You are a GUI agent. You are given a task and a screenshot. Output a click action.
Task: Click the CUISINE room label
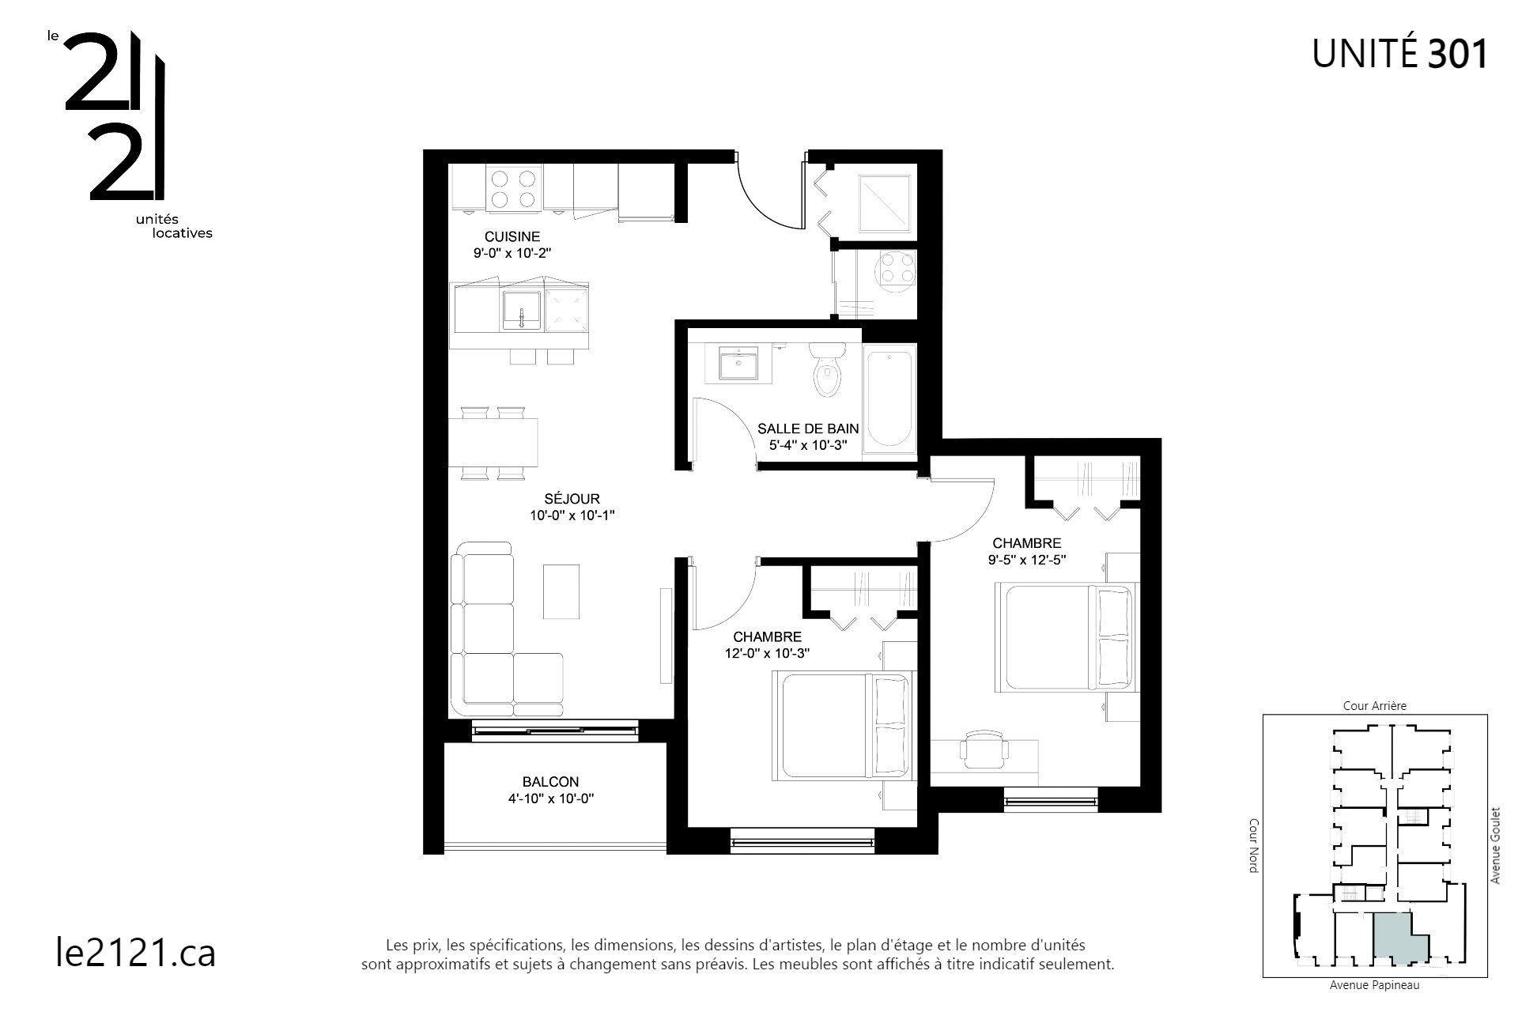click(x=512, y=236)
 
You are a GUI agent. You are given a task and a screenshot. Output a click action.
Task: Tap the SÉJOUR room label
click(x=572, y=499)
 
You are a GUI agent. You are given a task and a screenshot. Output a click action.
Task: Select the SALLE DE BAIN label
click(x=808, y=429)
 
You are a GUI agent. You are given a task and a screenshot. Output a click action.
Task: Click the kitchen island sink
click(x=522, y=310)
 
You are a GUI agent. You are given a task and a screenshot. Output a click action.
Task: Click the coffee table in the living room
click(x=561, y=591)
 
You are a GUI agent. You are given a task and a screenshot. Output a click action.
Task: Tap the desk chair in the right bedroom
click(x=984, y=749)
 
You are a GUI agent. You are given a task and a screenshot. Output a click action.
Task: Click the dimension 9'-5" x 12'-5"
click(x=1027, y=560)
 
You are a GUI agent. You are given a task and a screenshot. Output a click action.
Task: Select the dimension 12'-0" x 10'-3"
click(x=767, y=653)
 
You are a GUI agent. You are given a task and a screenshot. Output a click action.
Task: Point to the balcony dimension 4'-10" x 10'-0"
click(x=551, y=799)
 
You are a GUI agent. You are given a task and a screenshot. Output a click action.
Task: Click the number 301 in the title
click(x=1458, y=55)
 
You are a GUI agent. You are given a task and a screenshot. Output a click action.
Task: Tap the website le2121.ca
click(x=136, y=953)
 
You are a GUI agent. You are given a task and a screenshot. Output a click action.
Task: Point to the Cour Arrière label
click(x=1375, y=706)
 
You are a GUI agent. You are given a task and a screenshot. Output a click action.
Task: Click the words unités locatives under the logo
click(x=176, y=226)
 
